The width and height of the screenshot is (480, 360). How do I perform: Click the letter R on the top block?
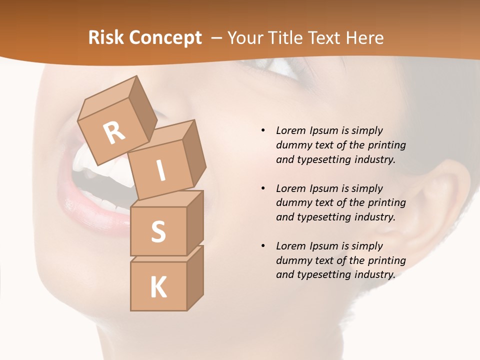[x=114, y=132]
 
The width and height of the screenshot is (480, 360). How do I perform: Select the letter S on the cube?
[x=158, y=231]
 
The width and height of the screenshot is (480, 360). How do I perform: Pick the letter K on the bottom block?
[x=158, y=287]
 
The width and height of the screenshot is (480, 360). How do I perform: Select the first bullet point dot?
[x=263, y=130]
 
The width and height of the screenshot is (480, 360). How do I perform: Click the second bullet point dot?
[x=263, y=188]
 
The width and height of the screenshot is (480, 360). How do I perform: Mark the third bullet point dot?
[x=263, y=246]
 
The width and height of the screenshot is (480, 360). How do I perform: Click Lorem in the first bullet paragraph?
[x=290, y=130]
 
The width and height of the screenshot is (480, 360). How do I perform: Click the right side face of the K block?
[x=195, y=277]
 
